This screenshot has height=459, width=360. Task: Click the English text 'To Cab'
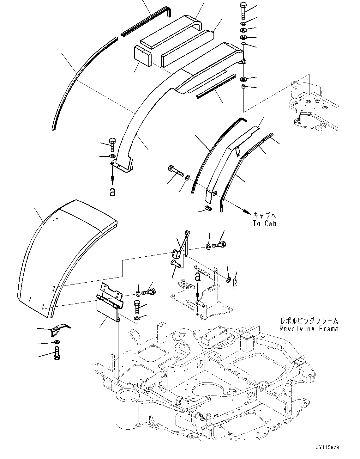click(264, 223)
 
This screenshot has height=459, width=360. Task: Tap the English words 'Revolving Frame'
click(309, 329)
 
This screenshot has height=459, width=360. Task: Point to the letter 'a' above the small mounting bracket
click(198, 277)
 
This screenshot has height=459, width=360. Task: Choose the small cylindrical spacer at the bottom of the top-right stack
click(244, 87)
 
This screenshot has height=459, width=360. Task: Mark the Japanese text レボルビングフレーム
click(309, 321)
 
